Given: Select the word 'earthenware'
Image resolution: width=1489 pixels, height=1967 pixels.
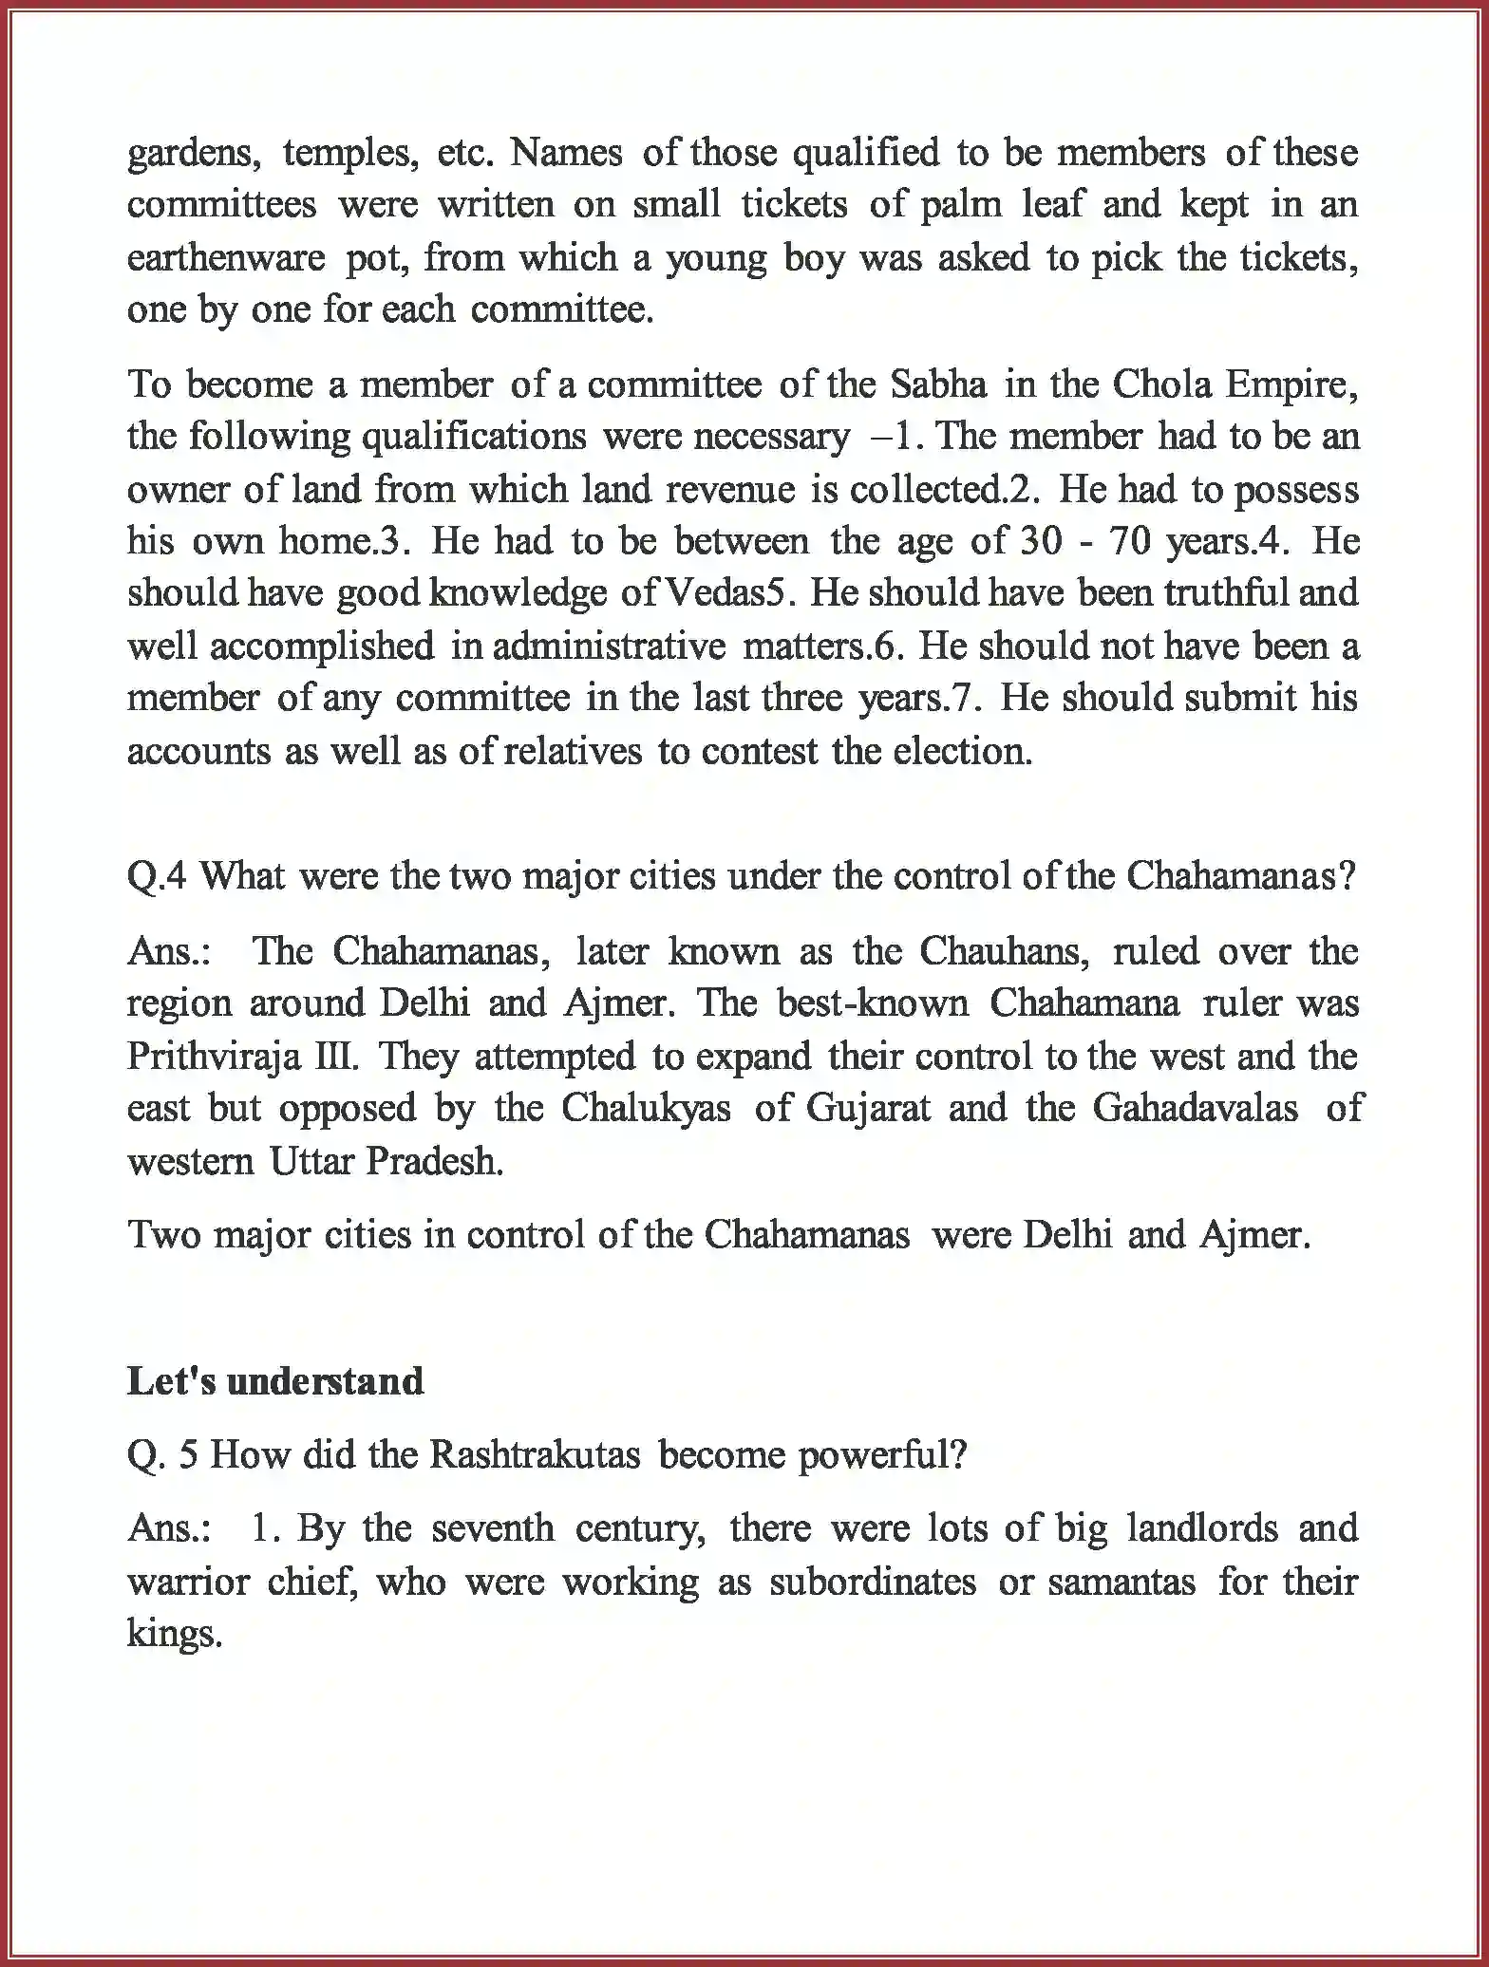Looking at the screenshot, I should click(x=226, y=258).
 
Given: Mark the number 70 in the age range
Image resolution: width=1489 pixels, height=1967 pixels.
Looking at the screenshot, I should click(x=1127, y=541).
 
